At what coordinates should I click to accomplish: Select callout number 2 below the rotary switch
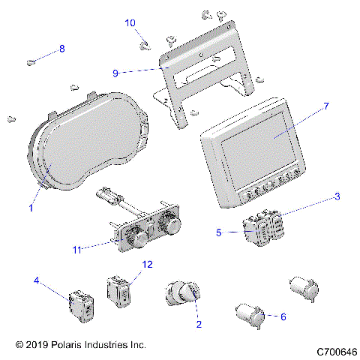pyautogui.click(x=198, y=325)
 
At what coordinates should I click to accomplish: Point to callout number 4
pyautogui.click(x=36, y=281)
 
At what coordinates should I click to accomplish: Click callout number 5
pyautogui.click(x=219, y=232)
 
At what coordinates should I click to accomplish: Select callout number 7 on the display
pyautogui.click(x=325, y=107)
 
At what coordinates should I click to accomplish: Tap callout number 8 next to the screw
pyautogui.click(x=61, y=48)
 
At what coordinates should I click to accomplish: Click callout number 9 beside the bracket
pyautogui.click(x=115, y=73)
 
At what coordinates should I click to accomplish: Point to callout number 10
pyautogui.click(x=130, y=23)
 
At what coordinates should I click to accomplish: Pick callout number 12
pyautogui.click(x=147, y=263)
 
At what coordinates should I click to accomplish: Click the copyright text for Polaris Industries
pyautogui.click(x=79, y=345)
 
